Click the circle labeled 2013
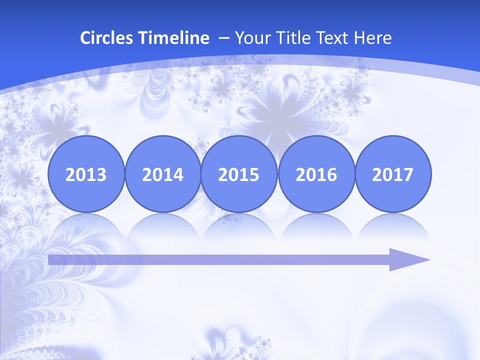click(86, 174)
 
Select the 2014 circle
click(162, 174)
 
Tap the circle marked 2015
click(239, 174)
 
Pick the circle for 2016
click(316, 174)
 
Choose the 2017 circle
click(392, 174)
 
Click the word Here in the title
click(372, 37)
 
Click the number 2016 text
click(316, 175)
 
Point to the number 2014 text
click(162, 175)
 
